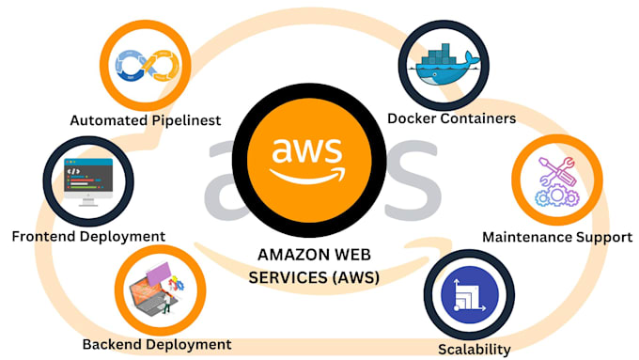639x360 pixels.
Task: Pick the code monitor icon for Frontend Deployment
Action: pyautogui.click(x=88, y=180)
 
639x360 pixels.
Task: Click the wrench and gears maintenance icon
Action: pyautogui.click(x=554, y=181)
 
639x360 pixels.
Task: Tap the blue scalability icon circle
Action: pyautogui.click(x=469, y=297)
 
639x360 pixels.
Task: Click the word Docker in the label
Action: pyautogui.click(x=411, y=118)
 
